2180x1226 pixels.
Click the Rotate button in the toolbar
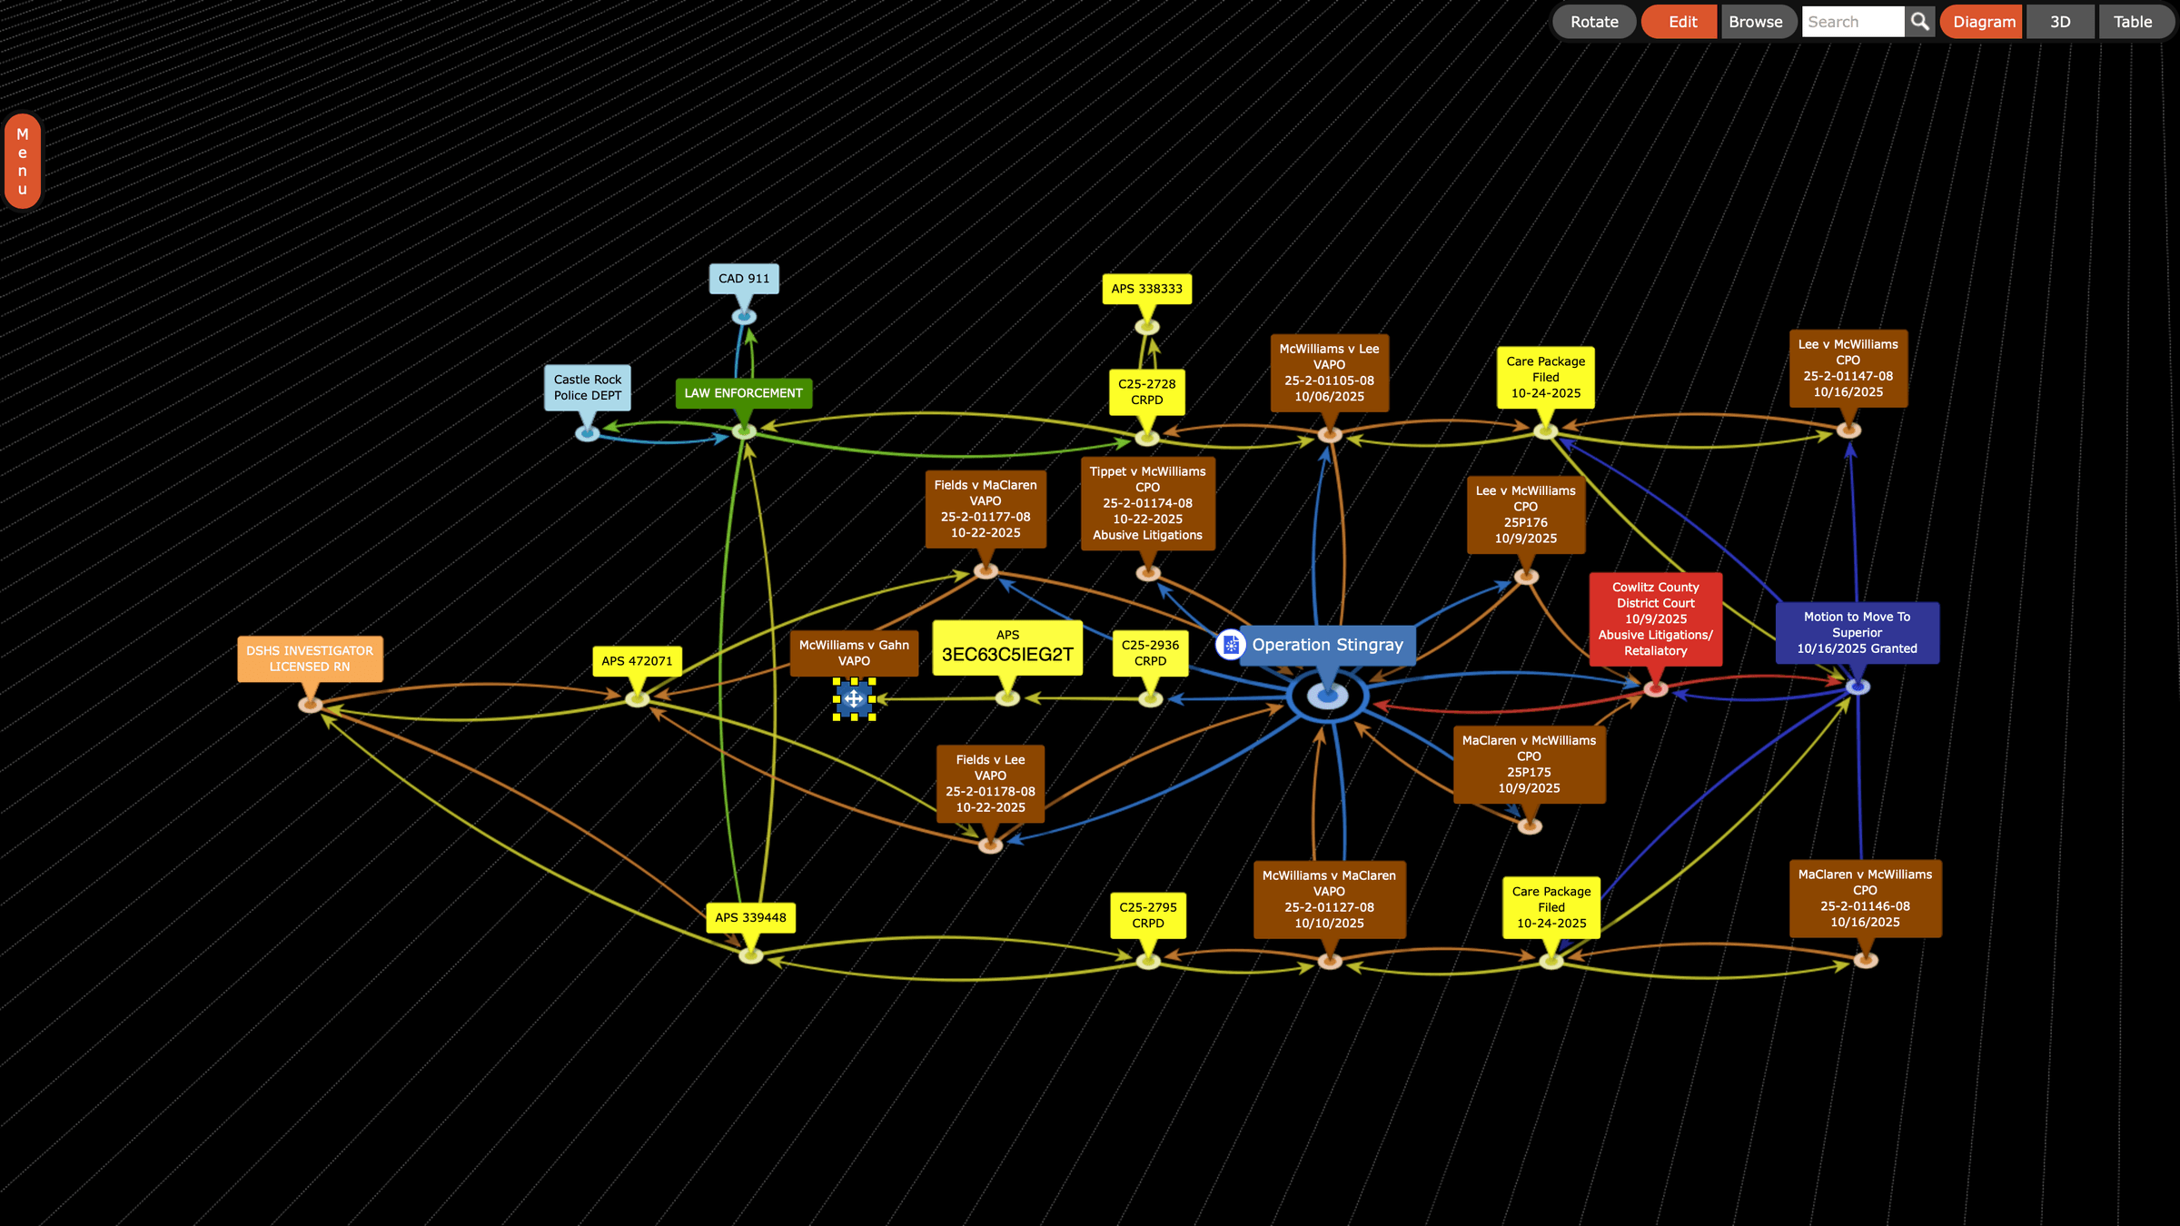point(1594,22)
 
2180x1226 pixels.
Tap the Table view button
point(2132,22)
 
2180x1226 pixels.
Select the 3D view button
point(2060,22)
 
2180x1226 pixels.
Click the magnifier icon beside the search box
point(1919,22)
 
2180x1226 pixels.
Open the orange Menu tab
point(23,162)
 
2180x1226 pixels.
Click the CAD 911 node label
point(744,279)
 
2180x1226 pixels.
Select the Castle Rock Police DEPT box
point(588,388)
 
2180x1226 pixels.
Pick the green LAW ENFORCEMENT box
point(743,393)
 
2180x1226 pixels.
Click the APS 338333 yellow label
point(1146,289)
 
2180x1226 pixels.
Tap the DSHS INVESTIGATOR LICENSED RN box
point(310,658)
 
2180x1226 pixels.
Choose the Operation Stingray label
point(1327,645)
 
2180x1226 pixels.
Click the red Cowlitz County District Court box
point(1655,618)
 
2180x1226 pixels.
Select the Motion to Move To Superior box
point(1857,632)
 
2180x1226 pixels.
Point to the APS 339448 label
point(750,917)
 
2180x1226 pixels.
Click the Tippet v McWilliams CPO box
point(1147,503)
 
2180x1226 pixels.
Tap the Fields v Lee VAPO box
point(990,783)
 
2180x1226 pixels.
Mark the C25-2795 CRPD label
point(1147,915)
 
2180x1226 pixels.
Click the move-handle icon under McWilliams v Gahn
point(854,698)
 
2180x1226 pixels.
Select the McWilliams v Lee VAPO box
point(1329,372)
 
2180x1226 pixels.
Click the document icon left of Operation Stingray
point(1231,645)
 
